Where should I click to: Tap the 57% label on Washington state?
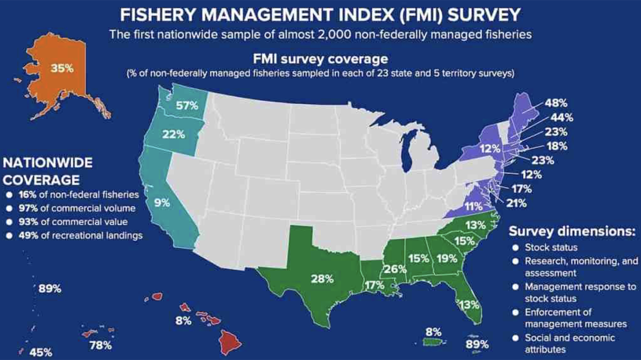[x=187, y=105]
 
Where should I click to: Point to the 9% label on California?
[x=162, y=203]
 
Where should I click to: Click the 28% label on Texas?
[x=322, y=279]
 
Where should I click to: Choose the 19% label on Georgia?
[x=447, y=259]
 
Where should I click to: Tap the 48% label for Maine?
[x=556, y=103]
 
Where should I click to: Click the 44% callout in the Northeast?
[x=563, y=118]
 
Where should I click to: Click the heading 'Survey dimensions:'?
[x=573, y=231]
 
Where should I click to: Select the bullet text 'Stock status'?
[x=551, y=247]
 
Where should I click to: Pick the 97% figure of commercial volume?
[x=29, y=208]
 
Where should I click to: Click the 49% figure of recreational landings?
[x=29, y=236]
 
